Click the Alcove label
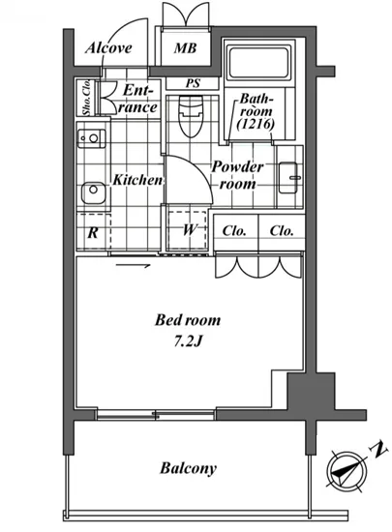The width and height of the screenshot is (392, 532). click(108, 47)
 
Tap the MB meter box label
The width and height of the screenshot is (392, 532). click(185, 48)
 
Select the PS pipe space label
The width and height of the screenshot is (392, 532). click(193, 83)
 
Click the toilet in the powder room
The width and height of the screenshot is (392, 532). click(191, 116)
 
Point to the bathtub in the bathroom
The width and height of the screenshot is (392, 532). click(259, 62)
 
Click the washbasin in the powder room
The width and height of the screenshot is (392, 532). click(288, 178)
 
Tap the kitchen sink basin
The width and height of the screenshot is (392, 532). click(93, 192)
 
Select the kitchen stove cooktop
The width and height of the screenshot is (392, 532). click(91, 138)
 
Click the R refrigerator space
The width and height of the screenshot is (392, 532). click(94, 232)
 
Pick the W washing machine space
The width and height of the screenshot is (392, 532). click(188, 231)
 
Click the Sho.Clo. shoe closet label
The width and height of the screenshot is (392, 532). click(87, 98)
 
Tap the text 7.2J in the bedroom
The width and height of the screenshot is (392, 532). click(188, 341)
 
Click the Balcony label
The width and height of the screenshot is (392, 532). click(188, 468)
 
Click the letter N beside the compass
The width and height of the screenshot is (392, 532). click(378, 449)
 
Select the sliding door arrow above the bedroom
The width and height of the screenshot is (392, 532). click(133, 266)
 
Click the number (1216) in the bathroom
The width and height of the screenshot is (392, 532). click(256, 124)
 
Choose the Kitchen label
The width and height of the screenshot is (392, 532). click(137, 180)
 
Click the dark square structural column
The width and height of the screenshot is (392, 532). click(311, 391)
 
